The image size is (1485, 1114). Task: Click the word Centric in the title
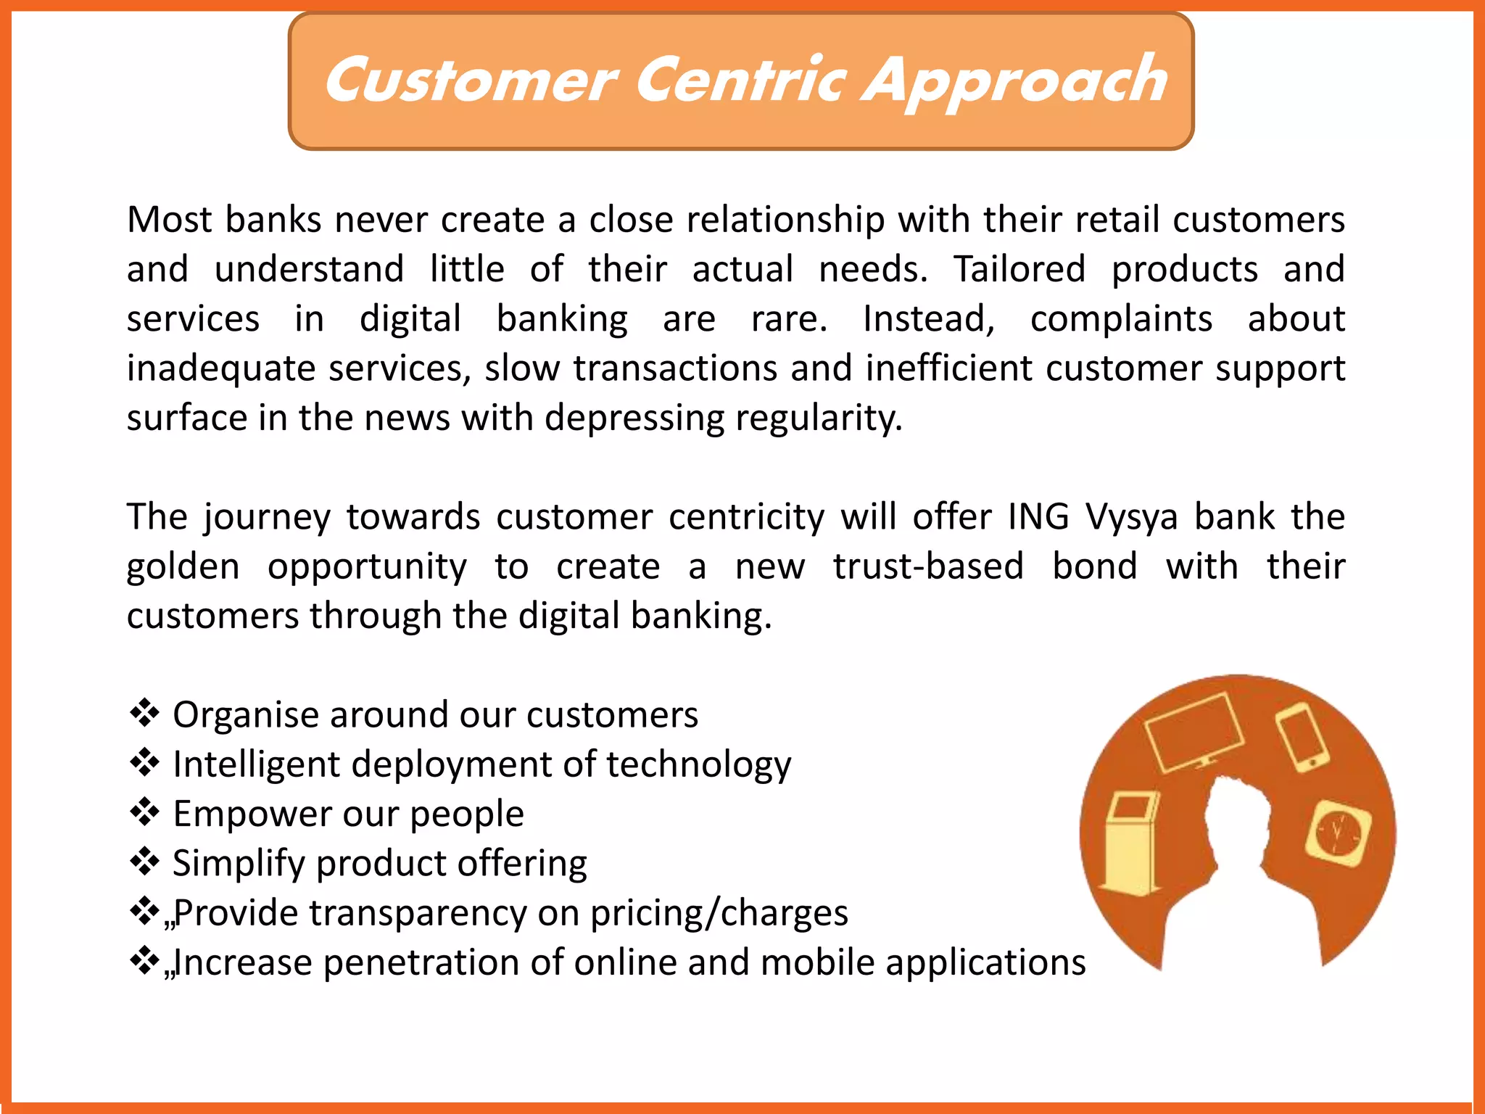tap(741, 80)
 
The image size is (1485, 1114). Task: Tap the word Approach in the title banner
tap(1015, 81)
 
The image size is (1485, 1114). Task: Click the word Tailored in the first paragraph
tap(1019, 269)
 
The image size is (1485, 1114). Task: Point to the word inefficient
tap(949, 368)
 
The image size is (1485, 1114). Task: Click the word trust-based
tap(928, 566)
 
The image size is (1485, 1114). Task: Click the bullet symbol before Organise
tap(144, 713)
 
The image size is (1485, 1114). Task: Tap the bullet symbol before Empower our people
tap(144, 812)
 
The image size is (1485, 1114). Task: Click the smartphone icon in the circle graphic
tap(1303, 737)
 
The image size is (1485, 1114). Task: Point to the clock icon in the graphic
tap(1339, 833)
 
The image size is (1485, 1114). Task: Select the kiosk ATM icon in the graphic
tap(1130, 843)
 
